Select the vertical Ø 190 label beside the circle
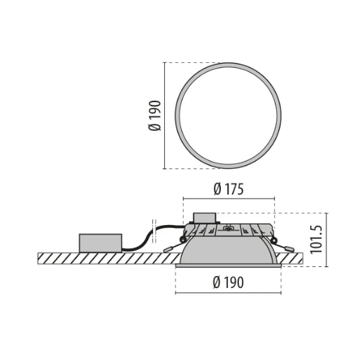[x=154, y=115]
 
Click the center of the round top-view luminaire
[x=228, y=115]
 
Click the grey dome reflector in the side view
[x=228, y=250]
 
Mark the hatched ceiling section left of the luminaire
[x=105, y=258]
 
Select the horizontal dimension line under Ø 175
[x=228, y=199]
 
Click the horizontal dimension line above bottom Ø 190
[x=228, y=292]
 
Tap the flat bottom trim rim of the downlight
[x=228, y=265]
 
